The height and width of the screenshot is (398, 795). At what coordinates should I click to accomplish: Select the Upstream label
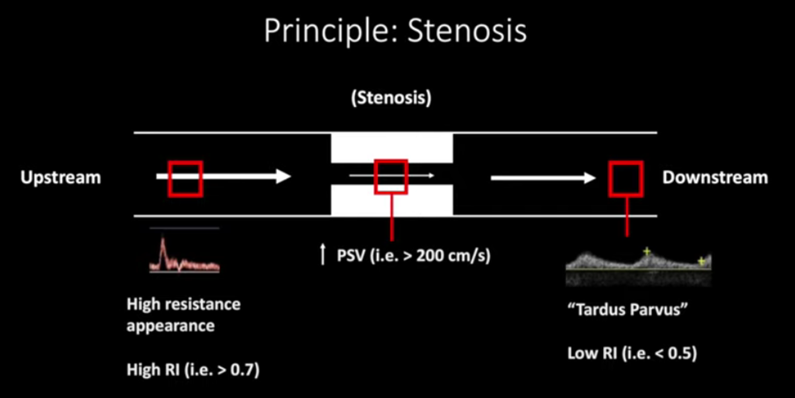tap(60, 178)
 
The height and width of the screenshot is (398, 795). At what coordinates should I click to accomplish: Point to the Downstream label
tap(714, 178)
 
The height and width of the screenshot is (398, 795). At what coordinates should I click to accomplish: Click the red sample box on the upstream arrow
tap(186, 178)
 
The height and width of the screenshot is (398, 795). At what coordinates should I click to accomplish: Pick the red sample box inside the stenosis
tap(390, 176)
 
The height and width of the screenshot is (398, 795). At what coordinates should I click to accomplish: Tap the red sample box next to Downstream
tap(627, 178)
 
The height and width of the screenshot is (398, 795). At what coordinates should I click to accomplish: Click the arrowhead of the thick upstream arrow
tap(282, 177)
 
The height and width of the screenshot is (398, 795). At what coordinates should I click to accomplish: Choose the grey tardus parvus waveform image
tap(637, 266)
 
